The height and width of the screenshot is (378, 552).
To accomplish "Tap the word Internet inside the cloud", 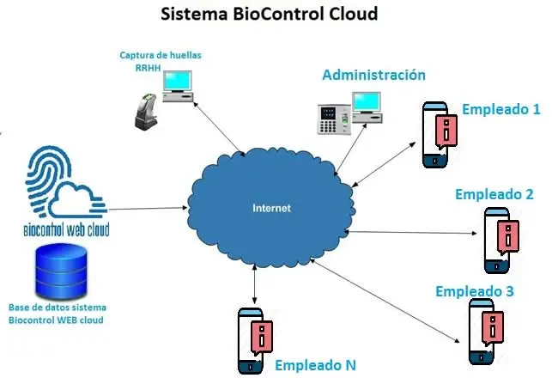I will point(271,208).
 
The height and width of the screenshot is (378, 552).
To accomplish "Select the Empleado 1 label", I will point(500,109).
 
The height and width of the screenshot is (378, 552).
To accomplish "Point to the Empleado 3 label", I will point(474,291).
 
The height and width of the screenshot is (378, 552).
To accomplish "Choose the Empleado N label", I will point(314,365).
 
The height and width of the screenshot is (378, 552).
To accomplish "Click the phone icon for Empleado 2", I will point(501,236).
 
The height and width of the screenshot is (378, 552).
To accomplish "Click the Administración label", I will point(373,75).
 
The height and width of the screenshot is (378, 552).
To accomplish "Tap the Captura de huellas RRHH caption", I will point(161,62).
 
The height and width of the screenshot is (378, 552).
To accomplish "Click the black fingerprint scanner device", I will point(145,112).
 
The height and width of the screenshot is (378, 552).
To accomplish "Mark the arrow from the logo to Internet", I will point(149,208).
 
